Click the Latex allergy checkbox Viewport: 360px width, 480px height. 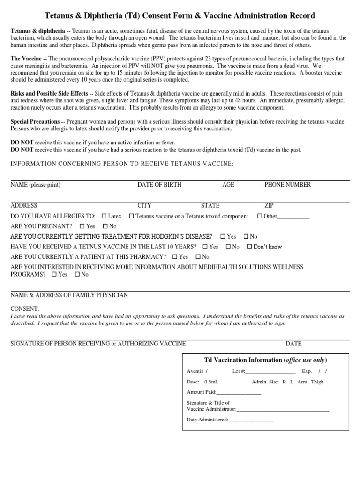point(104,216)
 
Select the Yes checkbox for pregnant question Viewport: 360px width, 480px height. point(82,226)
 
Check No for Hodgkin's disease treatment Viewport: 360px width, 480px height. point(245,237)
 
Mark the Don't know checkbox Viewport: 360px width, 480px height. point(249,247)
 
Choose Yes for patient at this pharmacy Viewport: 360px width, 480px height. point(175,257)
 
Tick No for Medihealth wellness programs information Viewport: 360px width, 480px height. point(77,275)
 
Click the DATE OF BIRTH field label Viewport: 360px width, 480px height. point(159,185)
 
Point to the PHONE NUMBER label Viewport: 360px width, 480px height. point(287,185)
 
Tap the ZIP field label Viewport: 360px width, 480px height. point(270,205)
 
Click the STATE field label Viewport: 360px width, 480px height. point(210,205)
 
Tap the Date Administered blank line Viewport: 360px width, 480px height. point(250,420)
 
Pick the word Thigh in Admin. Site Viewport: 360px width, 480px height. point(317,382)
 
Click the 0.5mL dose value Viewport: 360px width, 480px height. point(211,382)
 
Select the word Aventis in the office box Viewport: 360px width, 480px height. point(195,371)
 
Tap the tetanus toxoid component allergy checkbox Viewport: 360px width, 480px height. point(132,216)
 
